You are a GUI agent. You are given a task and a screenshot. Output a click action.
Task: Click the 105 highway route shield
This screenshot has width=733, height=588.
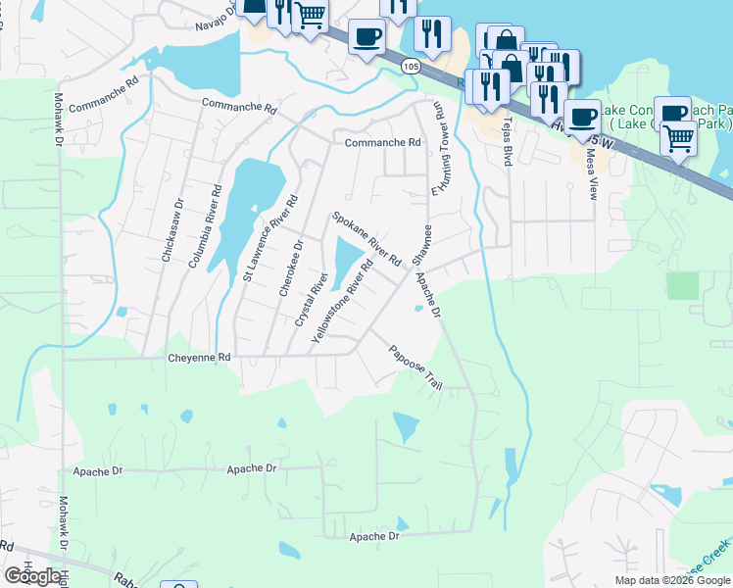click(411, 65)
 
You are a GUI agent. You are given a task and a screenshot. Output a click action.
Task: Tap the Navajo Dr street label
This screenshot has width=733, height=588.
click(201, 17)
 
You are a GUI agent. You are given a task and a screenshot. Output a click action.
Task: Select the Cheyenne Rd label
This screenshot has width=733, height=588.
click(200, 358)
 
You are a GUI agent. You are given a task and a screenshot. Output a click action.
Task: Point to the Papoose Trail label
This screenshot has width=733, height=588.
click(415, 368)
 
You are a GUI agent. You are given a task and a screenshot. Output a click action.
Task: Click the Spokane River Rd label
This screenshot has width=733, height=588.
click(366, 239)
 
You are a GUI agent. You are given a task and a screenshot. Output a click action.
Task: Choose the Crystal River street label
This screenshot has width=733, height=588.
click(310, 300)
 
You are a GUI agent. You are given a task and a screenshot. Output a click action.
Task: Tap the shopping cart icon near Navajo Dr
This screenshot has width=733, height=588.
click(310, 16)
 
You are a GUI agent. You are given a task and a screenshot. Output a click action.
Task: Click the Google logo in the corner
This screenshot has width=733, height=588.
click(32, 576)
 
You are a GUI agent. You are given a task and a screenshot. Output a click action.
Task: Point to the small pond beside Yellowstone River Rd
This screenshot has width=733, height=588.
click(347, 263)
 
